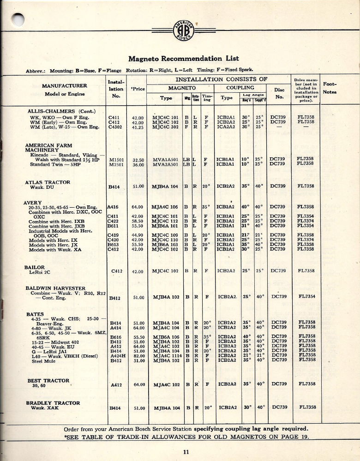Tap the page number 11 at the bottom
185,452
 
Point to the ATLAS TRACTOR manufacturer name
48,182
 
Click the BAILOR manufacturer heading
34,267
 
